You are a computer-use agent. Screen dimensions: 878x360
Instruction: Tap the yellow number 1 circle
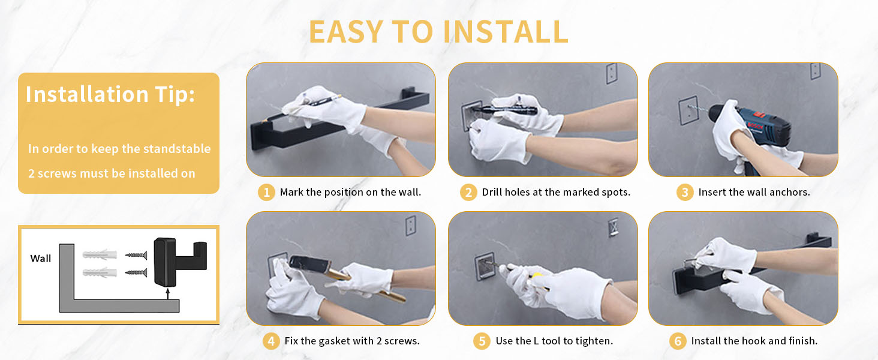click(266, 192)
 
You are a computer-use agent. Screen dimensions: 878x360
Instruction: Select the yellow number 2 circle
click(468, 192)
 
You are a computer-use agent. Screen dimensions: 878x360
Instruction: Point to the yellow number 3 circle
click(685, 192)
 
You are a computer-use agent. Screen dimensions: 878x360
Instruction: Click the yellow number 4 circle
click(271, 341)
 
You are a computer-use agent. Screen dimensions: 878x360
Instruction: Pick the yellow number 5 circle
click(482, 341)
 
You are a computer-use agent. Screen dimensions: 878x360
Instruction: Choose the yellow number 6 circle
click(678, 341)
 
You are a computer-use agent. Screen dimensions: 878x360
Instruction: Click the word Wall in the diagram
click(40, 259)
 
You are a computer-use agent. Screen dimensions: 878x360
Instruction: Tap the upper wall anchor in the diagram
click(100, 255)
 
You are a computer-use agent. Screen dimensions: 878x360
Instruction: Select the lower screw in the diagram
click(136, 272)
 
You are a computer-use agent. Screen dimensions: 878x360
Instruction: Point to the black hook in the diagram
click(180, 262)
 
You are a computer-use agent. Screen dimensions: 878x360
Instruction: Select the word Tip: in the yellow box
click(175, 95)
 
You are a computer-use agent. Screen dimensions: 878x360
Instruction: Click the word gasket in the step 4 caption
click(333, 341)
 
